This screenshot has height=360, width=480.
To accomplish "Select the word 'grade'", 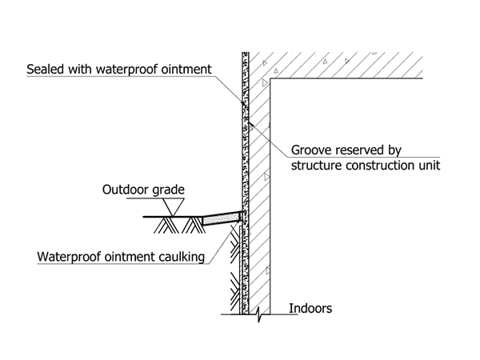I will [169, 190].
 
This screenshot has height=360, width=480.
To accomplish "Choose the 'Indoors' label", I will [310, 308].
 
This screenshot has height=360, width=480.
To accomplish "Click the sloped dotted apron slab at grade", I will [220, 218].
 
